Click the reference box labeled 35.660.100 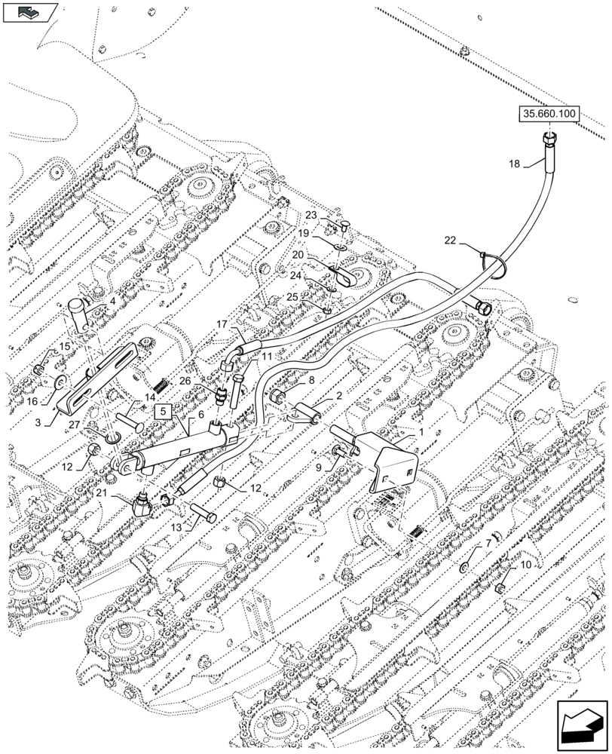pos(549,115)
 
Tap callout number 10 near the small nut pos(525,563)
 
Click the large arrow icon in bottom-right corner pos(581,726)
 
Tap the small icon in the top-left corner pos(29,11)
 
